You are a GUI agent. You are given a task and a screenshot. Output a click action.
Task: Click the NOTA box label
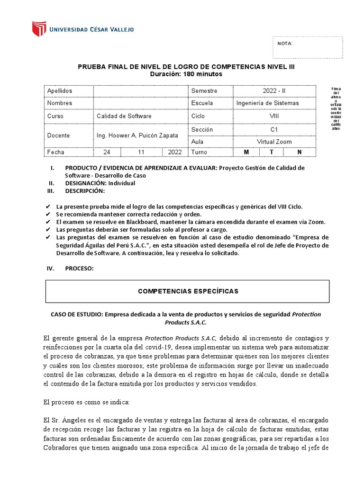(285, 44)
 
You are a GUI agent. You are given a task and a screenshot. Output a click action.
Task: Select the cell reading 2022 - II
(274, 90)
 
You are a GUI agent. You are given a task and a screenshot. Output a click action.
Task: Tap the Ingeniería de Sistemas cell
(267, 103)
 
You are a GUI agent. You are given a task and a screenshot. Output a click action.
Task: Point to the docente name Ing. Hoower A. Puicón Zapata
(137, 135)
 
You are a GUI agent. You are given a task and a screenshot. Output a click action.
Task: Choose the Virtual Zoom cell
(274, 141)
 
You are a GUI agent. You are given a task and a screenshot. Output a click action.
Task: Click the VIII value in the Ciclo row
(274, 116)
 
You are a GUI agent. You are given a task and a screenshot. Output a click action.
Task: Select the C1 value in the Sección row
(274, 129)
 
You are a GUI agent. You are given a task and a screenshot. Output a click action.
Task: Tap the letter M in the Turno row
(246, 152)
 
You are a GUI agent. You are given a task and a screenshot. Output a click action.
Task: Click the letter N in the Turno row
(299, 152)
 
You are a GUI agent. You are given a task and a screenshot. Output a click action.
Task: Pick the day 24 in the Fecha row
(107, 152)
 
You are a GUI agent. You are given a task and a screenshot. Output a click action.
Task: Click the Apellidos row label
(60, 90)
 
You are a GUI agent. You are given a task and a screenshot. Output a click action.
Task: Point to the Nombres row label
(60, 103)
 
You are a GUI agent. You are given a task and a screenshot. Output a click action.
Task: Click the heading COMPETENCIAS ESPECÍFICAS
(188, 291)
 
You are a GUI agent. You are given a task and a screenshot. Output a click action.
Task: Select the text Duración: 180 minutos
(186, 74)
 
